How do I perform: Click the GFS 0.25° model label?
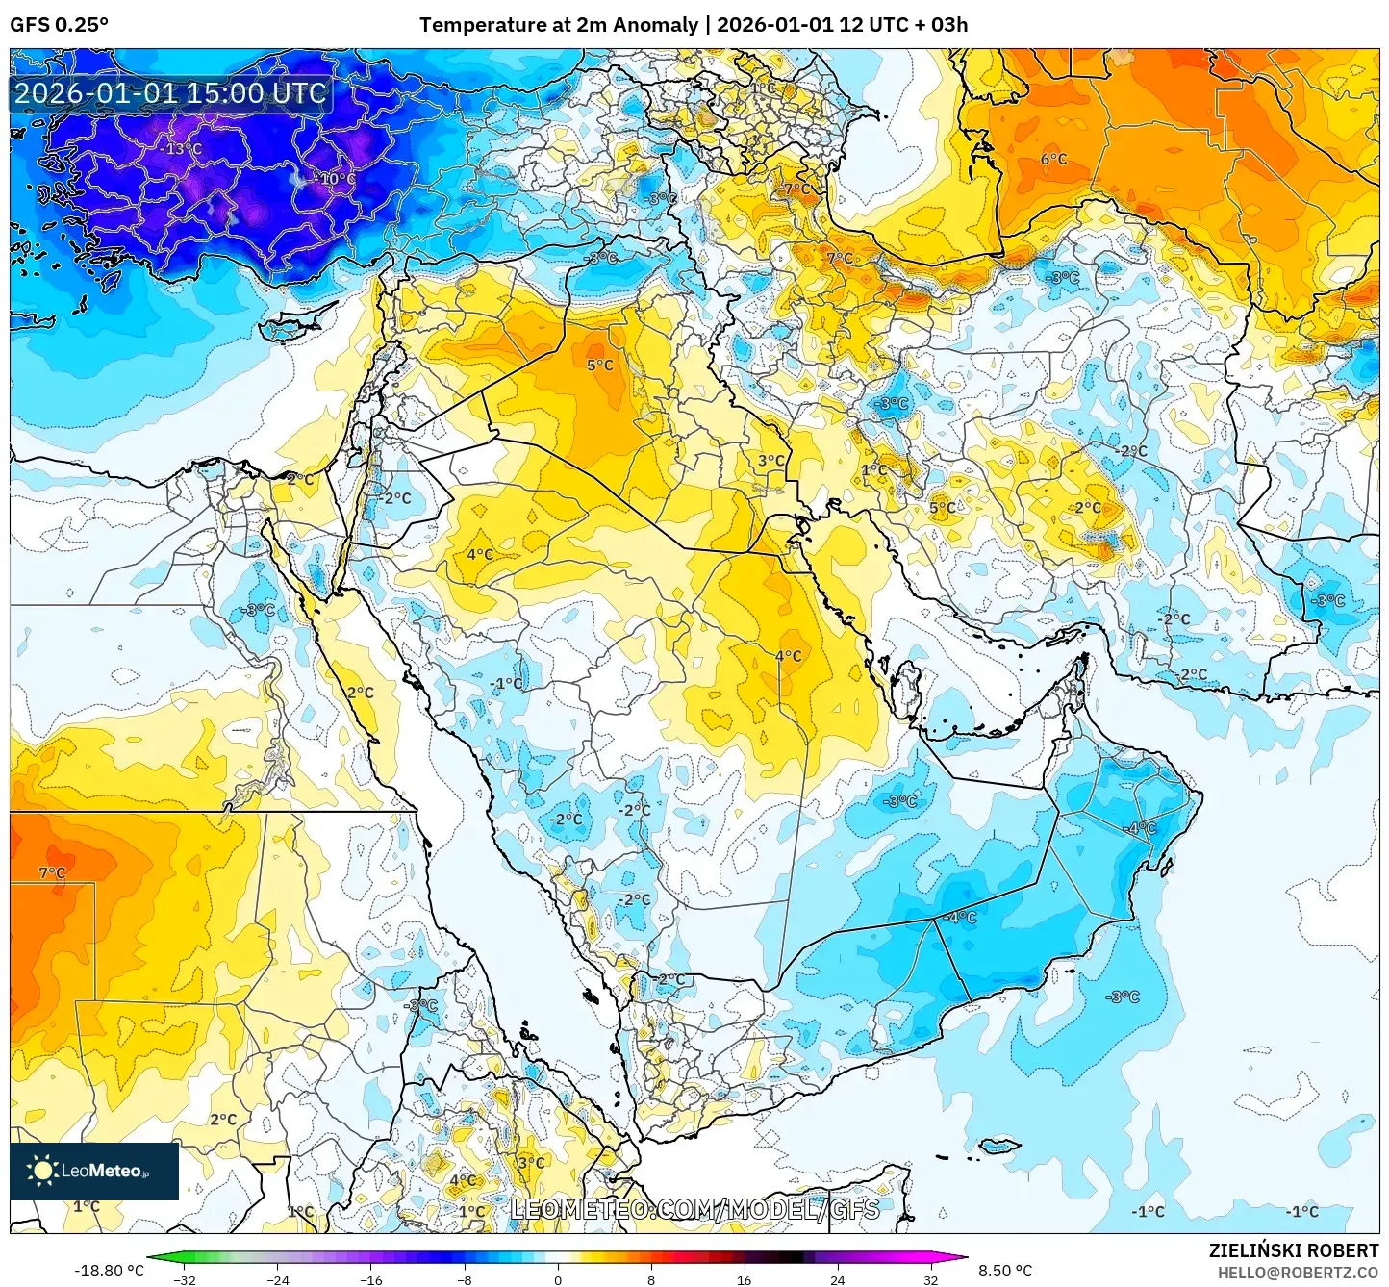point(59,24)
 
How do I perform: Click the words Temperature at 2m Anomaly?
point(558,24)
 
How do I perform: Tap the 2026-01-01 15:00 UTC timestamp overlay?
point(170,93)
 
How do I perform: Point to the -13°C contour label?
point(181,149)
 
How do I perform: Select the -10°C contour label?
point(335,179)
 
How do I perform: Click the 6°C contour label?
point(1053,159)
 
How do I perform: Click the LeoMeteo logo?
point(94,1171)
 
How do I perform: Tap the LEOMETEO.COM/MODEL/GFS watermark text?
point(694,1209)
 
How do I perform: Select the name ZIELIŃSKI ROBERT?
point(1293,1250)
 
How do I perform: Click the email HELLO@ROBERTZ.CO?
point(1298,1273)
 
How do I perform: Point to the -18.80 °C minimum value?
point(109,1271)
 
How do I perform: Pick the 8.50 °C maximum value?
point(1005,1271)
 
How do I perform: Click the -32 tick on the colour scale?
point(184,1279)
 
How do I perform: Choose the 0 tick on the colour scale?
point(558,1279)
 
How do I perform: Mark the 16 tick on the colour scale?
point(744,1279)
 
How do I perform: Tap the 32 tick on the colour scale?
point(930,1279)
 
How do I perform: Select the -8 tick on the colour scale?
point(465,1279)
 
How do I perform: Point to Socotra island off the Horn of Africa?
point(999,1146)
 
